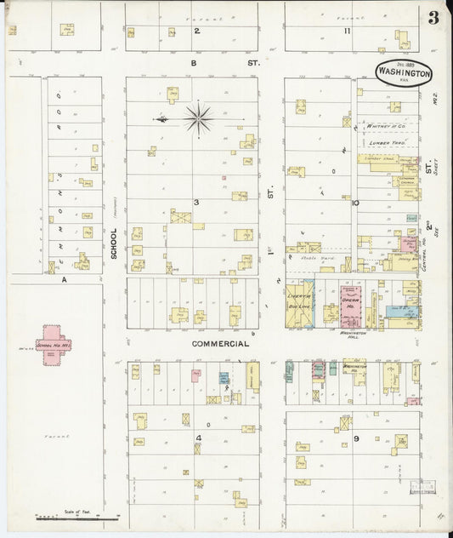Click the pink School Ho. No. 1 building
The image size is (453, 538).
pos(53,345)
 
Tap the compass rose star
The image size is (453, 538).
pos(198,119)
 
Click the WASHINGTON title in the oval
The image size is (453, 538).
pos(404,73)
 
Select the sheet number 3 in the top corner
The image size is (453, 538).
pos(433,18)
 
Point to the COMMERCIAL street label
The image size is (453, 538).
pos(220,344)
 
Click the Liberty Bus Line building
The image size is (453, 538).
pos(300,305)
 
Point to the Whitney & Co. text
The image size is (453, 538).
pos(384,126)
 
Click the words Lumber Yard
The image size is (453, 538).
pos(385,143)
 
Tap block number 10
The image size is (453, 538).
pos(356,203)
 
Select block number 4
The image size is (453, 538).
pos(197,438)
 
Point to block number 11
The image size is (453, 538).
pos(347,31)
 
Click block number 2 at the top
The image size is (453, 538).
pos(195,31)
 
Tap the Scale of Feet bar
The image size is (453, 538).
pos(76,516)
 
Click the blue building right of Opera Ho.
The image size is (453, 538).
pos(399,312)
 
